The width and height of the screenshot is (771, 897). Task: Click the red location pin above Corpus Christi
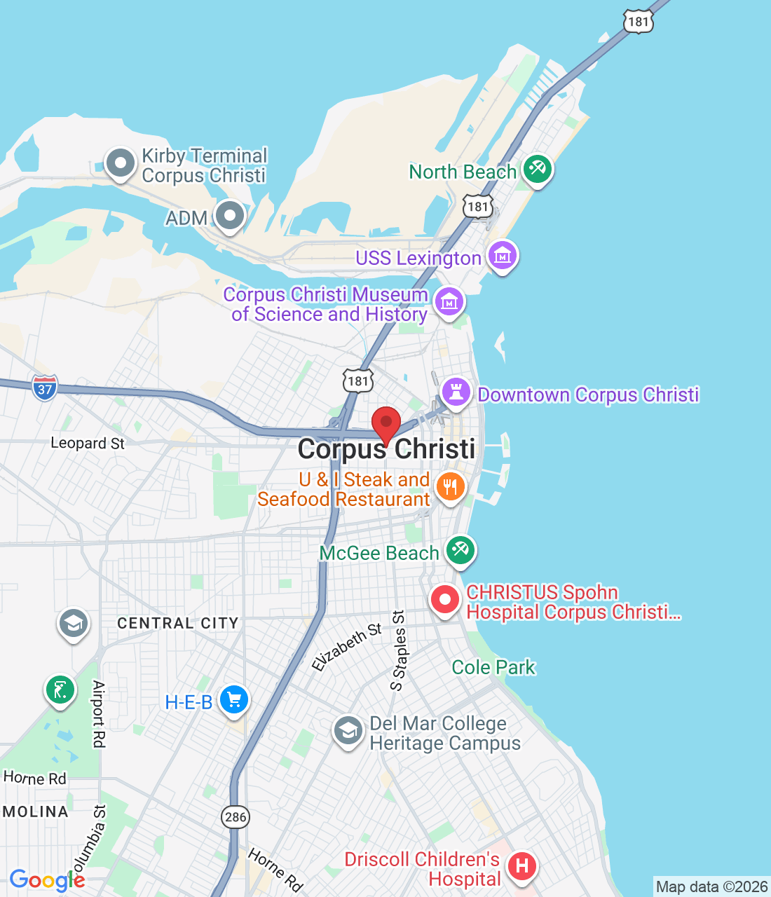click(x=385, y=423)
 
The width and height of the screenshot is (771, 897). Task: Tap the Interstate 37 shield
click(x=45, y=388)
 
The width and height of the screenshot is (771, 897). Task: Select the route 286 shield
click(x=236, y=816)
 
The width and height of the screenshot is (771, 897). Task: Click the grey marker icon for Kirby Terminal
click(x=120, y=163)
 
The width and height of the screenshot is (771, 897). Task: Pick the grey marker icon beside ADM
click(x=229, y=216)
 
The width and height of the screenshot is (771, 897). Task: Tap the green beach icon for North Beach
click(x=537, y=170)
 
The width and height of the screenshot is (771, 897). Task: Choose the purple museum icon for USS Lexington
click(x=502, y=256)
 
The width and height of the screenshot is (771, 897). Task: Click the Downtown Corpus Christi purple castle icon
click(x=456, y=393)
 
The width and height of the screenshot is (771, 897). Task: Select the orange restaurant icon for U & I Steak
click(x=450, y=486)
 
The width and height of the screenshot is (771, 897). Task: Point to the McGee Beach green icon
click(x=460, y=550)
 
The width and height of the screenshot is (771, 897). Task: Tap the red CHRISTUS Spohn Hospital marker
click(x=444, y=601)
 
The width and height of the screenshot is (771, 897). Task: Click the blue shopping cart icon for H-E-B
click(x=234, y=700)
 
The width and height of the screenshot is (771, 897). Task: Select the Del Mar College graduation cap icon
click(x=348, y=732)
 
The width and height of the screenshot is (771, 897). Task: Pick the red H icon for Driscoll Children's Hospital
click(x=521, y=866)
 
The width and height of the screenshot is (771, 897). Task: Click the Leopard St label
click(x=88, y=443)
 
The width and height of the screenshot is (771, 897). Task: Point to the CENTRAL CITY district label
click(x=178, y=623)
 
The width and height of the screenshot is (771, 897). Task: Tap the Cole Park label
click(x=493, y=667)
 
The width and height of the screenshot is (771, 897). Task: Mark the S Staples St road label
click(x=399, y=650)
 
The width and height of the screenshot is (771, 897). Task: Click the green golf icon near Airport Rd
click(x=60, y=690)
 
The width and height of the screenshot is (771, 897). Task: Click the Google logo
click(x=47, y=880)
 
